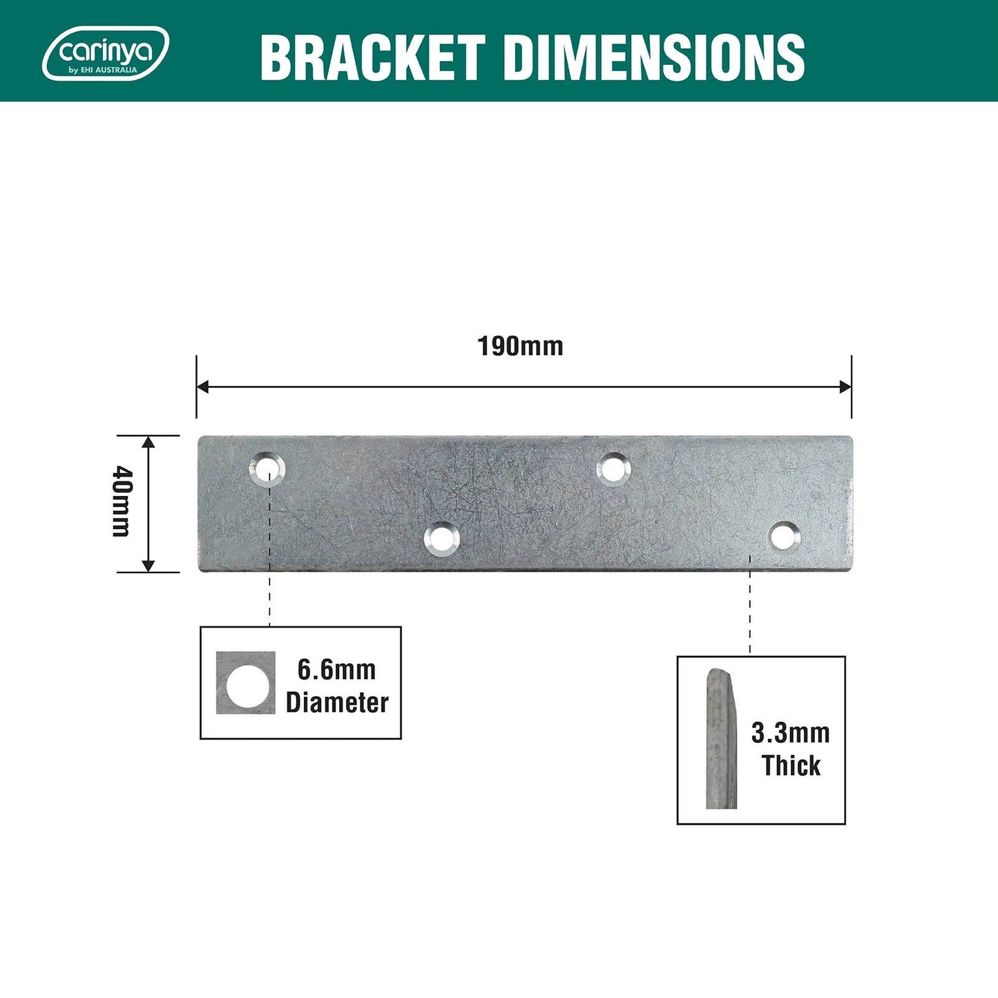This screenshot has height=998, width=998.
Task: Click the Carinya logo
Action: [106, 53]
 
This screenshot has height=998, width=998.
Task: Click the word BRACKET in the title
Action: [372, 57]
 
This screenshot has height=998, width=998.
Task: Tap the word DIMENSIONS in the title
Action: [654, 57]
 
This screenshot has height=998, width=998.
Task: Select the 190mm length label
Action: [520, 346]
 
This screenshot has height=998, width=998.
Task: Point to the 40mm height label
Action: [122, 501]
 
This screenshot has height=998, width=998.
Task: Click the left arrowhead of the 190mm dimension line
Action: [202, 387]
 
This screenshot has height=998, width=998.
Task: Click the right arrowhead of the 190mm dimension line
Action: [845, 387]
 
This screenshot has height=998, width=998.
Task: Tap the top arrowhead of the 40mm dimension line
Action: [148, 442]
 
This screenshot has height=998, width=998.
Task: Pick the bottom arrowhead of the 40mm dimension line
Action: [148, 566]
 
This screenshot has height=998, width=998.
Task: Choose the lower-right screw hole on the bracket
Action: [785, 536]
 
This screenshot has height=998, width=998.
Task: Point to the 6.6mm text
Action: [336, 670]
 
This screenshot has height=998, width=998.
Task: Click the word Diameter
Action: [337, 703]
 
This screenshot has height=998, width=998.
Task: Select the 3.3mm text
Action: [790, 733]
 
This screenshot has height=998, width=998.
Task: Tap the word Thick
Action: [791, 766]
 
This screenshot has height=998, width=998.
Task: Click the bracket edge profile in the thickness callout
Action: [720, 739]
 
